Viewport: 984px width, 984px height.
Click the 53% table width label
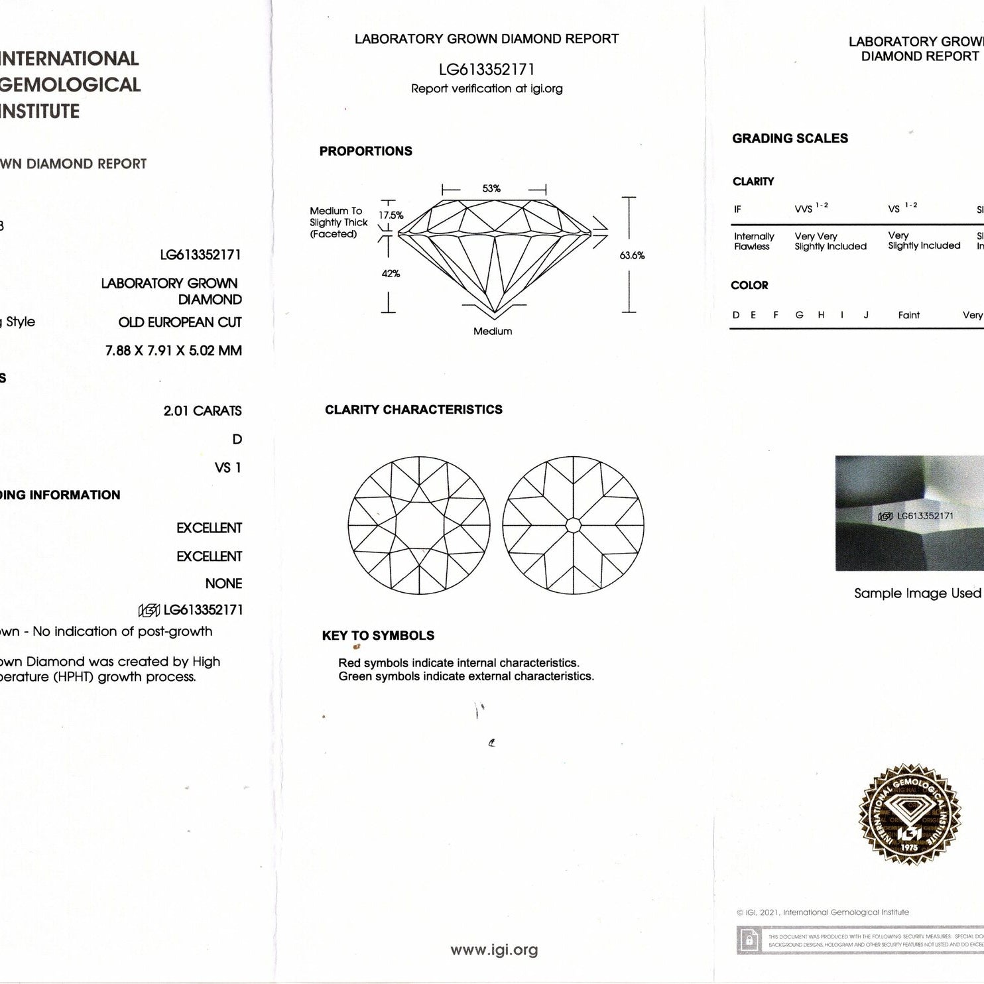click(491, 189)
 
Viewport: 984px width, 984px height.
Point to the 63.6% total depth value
click(632, 255)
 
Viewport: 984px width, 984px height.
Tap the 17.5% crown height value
click(391, 215)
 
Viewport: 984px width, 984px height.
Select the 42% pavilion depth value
click(391, 274)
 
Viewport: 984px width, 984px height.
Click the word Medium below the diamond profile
click(493, 332)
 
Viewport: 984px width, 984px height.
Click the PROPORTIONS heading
click(365, 151)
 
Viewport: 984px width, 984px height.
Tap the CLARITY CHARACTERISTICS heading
click(414, 410)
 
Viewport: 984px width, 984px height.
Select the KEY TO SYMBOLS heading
click(378, 635)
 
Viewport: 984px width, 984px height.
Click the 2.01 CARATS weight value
click(202, 411)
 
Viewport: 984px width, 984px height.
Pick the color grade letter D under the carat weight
click(237, 440)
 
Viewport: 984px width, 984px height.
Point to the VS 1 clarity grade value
click(227, 468)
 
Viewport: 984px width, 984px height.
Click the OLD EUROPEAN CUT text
click(180, 323)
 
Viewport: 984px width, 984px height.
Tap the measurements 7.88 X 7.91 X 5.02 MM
click(173, 351)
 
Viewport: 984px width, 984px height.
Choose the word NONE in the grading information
click(223, 584)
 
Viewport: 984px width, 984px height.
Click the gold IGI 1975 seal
click(909, 815)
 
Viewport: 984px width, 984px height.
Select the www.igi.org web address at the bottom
click(494, 950)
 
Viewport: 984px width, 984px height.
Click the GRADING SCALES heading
click(790, 139)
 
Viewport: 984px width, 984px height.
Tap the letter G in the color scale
click(799, 316)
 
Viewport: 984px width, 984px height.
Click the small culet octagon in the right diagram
click(574, 526)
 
